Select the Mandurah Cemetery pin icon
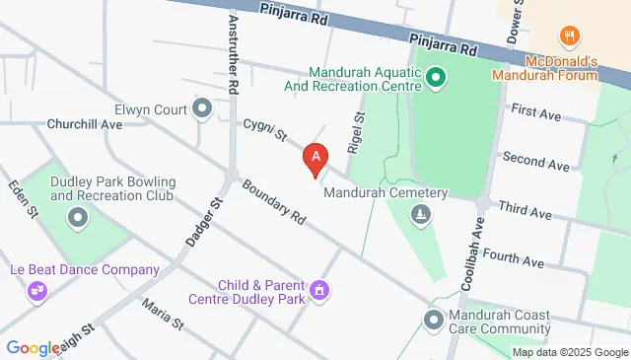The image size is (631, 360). [422, 214]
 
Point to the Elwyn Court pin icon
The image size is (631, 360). [203, 108]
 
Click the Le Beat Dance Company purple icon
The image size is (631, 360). [38, 290]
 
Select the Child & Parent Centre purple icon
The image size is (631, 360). [317, 290]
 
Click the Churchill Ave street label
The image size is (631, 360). [84, 125]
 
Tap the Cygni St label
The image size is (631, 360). [265, 127]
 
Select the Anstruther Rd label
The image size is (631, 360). [233, 54]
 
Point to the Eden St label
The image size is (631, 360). [22, 198]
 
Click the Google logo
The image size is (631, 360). [33, 347]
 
